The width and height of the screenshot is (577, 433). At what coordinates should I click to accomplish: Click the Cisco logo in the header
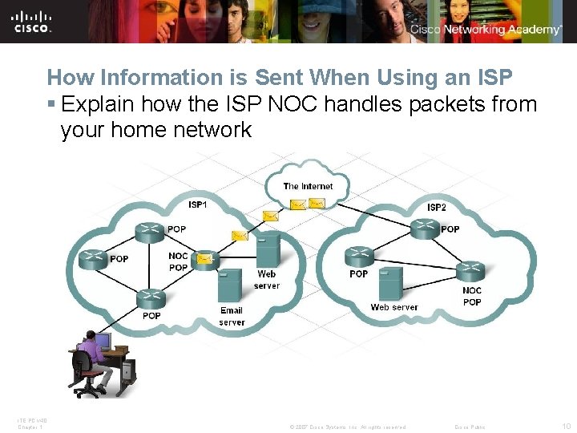[x=32, y=21]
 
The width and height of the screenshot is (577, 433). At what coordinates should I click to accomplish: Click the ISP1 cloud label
[x=197, y=204]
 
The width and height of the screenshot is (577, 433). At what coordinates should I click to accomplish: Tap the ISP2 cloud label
[x=437, y=207]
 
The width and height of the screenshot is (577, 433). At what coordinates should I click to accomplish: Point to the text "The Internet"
[x=308, y=186]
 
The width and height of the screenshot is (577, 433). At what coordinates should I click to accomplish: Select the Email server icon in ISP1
[x=231, y=285]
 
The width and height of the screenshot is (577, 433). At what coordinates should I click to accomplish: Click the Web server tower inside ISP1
[x=268, y=249]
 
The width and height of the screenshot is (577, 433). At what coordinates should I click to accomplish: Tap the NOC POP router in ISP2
[x=470, y=270]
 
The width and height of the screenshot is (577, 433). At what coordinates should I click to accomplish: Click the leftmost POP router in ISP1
[x=93, y=258]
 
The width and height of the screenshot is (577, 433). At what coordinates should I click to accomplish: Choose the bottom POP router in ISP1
[x=151, y=299]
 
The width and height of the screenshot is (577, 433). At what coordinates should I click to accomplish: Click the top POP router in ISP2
[x=425, y=229]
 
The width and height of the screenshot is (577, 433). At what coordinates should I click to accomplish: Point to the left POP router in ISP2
[x=359, y=257]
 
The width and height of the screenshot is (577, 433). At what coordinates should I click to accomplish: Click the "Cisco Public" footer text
[x=470, y=427]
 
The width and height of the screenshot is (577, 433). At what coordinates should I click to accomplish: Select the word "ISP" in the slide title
[x=491, y=78]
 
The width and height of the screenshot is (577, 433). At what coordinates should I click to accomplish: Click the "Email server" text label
[x=232, y=316]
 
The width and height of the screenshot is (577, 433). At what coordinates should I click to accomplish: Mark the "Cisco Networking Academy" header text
[x=486, y=30]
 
